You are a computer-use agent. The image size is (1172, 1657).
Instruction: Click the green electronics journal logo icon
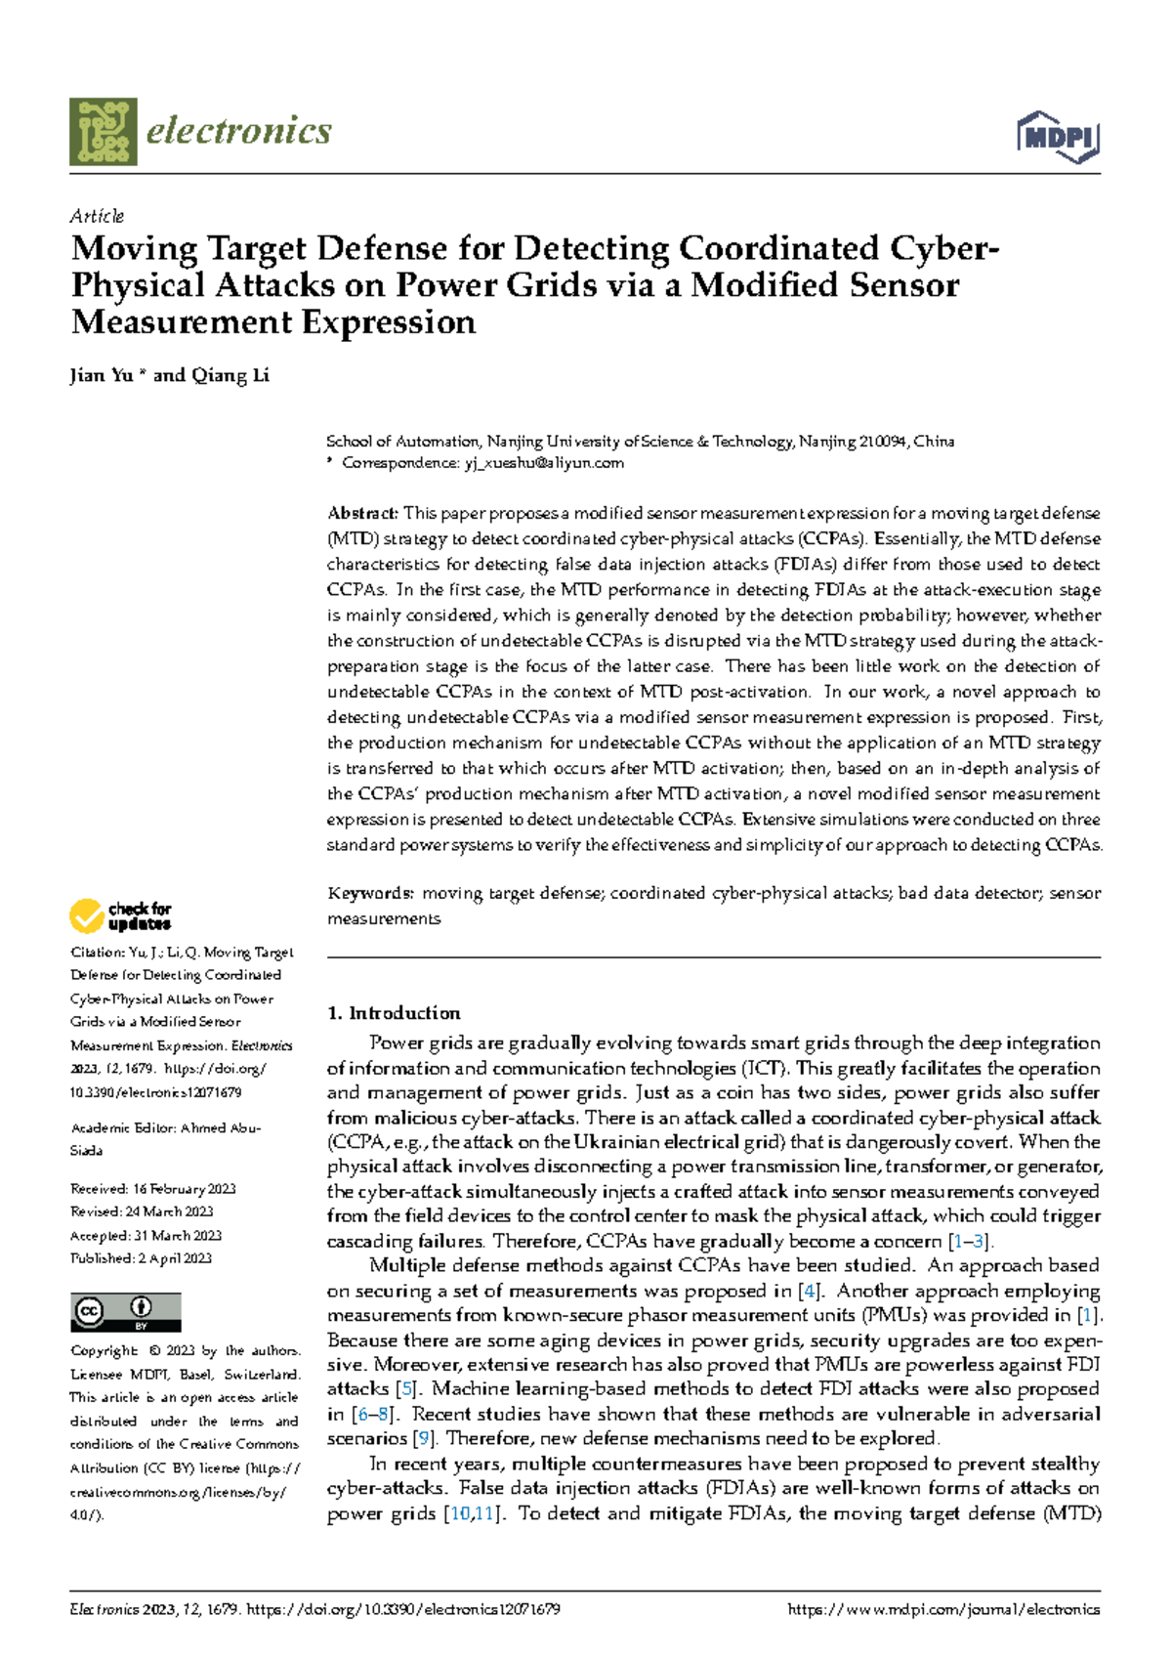pyautogui.click(x=103, y=131)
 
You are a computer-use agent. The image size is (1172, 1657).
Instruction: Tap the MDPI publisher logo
pyautogui.click(x=1059, y=137)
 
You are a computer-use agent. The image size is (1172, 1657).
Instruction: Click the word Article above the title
pyautogui.click(x=97, y=216)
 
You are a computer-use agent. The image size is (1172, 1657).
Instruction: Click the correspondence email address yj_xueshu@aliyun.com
pyautogui.click(x=543, y=463)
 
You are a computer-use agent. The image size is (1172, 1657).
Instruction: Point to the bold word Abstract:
pyautogui.click(x=362, y=513)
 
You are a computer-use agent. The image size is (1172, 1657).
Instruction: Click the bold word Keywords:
pyautogui.click(x=370, y=893)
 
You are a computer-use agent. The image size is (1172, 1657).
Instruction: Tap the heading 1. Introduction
pyautogui.click(x=394, y=1013)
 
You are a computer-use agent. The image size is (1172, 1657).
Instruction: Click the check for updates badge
pyautogui.click(x=120, y=915)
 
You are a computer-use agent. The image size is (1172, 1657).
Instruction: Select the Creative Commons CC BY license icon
pyautogui.click(x=125, y=1311)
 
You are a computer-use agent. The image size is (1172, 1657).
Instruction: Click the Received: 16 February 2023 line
pyautogui.click(x=152, y=1189)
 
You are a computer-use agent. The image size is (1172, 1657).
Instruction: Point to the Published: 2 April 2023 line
pyautogui.click(x=141, y=1258)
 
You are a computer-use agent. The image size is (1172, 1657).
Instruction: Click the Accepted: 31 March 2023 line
pyautogui.click(x=146, y=1235)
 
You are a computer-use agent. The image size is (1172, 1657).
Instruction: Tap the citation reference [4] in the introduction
pyautogui.click(x=808, y=1291)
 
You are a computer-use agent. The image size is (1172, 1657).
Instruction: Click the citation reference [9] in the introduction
pyautogui.click(x=423, y=1438)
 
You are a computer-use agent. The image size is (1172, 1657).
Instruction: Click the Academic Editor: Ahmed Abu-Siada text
pyautogui.click(x=165, y=1138)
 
